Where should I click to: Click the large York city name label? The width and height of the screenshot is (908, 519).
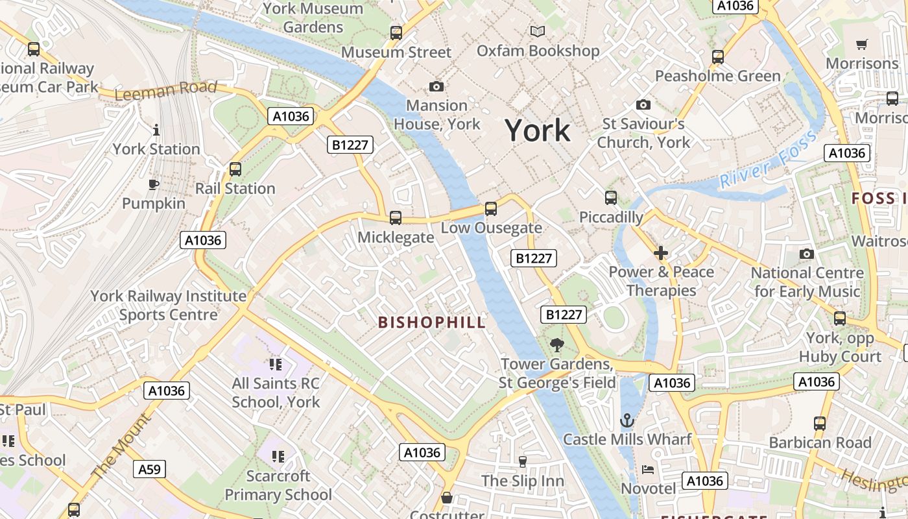click(538, 130)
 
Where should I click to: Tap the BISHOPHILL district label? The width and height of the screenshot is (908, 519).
click(431, 322)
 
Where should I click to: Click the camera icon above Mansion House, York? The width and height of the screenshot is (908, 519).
click(436, 86)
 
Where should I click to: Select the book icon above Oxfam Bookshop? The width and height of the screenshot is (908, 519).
click(538, 31)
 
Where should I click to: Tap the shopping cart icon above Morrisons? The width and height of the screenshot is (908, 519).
click(861, 45)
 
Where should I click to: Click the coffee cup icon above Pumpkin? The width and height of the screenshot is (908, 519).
click(154, 185)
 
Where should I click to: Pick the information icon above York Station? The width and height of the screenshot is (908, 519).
click(156, 130)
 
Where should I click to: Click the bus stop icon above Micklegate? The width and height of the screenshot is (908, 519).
click(396, 218)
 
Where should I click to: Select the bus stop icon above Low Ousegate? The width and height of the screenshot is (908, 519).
click(491, 209)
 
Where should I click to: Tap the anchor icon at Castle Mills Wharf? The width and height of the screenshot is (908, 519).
click(627, 420)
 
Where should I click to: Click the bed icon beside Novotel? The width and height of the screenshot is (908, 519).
click(647, 469)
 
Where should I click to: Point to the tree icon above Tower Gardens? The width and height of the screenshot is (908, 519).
click(556, 344)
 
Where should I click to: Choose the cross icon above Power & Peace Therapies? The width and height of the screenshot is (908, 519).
click(661, 252)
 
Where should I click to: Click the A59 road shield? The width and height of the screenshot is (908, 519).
click(150, 469)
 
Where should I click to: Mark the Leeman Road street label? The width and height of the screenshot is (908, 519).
click(165, 90)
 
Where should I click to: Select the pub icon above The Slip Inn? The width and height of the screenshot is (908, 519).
click(523, 461)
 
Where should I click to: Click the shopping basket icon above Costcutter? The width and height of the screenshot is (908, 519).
click(447, 498)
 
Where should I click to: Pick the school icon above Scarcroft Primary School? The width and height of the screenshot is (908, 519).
click(278, 457)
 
